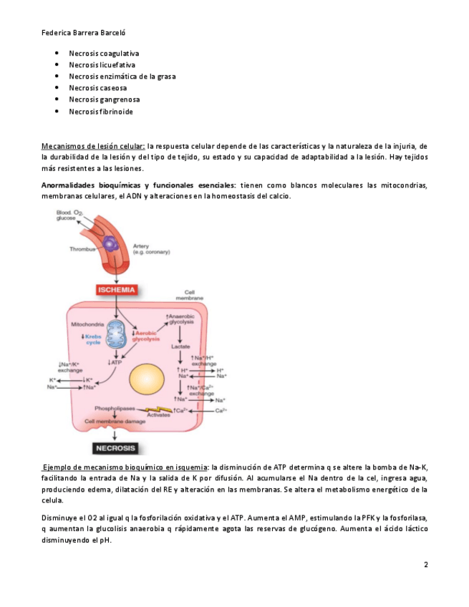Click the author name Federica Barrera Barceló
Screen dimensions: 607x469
pos(85,32)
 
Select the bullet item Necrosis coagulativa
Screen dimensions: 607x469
pos(104,53)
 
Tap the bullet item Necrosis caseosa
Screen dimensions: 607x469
pos(98,88)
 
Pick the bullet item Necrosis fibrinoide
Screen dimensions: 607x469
pos(101,112)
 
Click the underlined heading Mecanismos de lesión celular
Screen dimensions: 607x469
pos(93,145)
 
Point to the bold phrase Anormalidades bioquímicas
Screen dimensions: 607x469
pos(94,185)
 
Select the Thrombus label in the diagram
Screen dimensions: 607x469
pos(82,249)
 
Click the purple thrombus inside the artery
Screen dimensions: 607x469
pos(110,244)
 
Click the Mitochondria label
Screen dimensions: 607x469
pos(88,324)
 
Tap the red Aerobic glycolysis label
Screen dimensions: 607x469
pos(147,337)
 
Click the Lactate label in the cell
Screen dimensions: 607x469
pos(180,346)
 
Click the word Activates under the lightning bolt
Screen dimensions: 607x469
pos(158,414)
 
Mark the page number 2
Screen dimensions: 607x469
pos(425,565)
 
